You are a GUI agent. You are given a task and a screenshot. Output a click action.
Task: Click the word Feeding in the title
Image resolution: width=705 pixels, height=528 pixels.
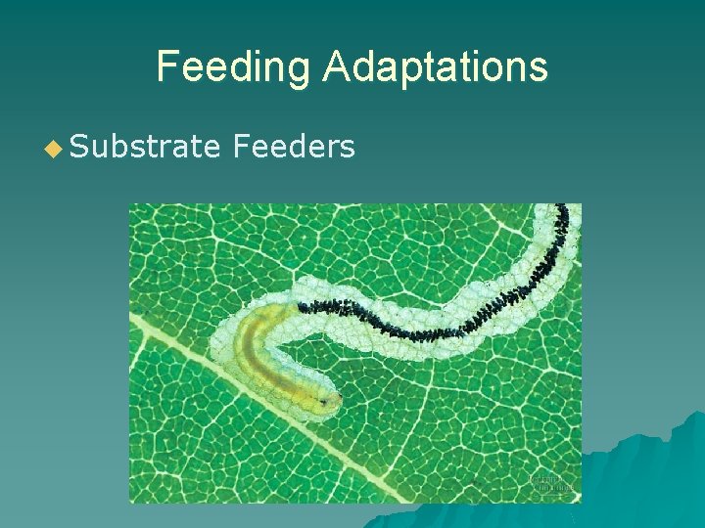pos(233,66)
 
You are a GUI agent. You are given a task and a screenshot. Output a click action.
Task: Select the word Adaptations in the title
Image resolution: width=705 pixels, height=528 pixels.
pos(435,66)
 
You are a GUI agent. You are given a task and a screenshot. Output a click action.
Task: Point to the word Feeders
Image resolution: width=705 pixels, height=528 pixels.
pos(294,147)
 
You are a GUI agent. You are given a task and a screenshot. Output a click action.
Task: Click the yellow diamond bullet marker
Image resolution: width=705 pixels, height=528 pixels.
pos(54,148)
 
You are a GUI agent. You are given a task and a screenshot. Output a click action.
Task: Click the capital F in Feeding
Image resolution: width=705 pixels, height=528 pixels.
pos(167,66)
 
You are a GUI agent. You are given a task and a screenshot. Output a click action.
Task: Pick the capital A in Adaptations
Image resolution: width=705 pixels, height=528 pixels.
pos(335,66)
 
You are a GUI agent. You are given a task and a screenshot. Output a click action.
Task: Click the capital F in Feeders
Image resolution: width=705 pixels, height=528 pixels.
pos(241,147)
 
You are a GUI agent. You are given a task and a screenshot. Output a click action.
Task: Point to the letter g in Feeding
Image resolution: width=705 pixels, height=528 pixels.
pos(298,70)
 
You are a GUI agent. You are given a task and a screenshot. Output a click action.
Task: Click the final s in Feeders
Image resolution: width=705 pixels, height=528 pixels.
pos(347,148)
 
